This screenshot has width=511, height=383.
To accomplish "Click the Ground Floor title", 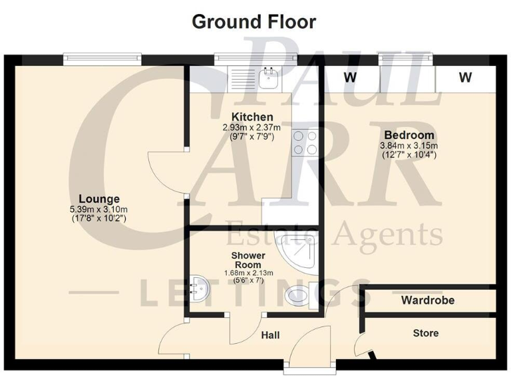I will coord(254,21).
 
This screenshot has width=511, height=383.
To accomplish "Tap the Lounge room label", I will coord(99,199).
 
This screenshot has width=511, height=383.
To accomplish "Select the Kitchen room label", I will coord(248,118).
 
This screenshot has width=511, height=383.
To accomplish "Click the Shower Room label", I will coord(248,260).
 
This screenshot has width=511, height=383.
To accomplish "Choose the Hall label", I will coord(270,334).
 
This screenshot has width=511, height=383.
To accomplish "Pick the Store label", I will coord(426,332).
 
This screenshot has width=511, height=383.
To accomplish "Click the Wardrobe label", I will coord(428,301).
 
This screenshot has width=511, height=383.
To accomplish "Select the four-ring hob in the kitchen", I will coord(305,142).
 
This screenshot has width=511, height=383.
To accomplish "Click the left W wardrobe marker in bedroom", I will coord(349,78).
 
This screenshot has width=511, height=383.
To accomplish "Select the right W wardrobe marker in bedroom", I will coord(465,78).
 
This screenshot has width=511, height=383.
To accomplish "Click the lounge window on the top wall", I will coord(102,59).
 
